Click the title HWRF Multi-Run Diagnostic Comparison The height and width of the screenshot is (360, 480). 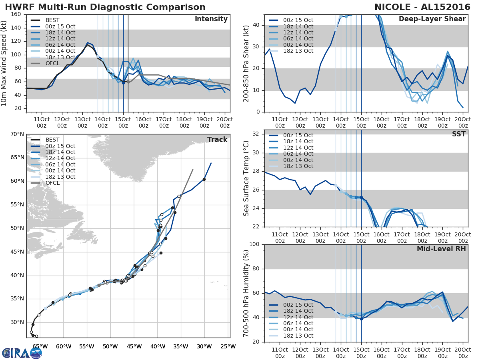(105, 7)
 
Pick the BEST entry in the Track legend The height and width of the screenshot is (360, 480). (52, 140)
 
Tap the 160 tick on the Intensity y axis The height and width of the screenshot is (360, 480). (16, 14)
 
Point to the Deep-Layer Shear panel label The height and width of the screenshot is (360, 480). (432, 19)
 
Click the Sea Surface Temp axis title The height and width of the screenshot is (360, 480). (247, 178)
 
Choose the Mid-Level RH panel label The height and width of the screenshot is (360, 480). (441, 249)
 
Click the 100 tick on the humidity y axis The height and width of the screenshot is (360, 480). (254, 244)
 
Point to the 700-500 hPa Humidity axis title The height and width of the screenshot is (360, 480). (247, 293)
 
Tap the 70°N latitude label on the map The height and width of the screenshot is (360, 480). (17, 134)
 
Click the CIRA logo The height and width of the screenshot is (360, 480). (22, 352)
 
